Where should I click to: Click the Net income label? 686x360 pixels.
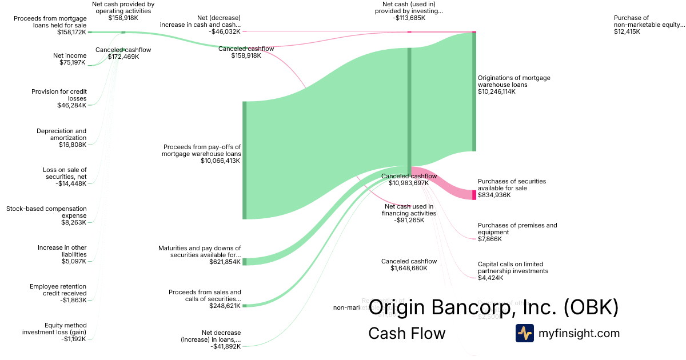click(x=70, y=55)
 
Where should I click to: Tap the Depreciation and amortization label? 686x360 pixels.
click(x=61, y=134)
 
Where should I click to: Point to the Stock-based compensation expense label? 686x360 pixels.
click(x=46, y=212)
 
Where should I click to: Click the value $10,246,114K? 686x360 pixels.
click(x=496, y=91)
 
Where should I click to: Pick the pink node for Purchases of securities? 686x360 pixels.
click(x=474, y=195)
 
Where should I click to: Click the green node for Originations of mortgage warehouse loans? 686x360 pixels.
click(x=474, y=91)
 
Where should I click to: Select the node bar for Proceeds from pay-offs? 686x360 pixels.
click(x=245, y=160)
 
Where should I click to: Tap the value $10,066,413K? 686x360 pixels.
click(x=221, y=161)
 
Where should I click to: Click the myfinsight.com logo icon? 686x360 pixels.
click(x=524, y=333)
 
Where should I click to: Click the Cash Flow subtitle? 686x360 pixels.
click(x=406, y=333)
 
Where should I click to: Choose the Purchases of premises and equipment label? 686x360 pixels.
click(x=517, y=229)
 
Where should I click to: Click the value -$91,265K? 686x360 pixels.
click(x=409, y=220)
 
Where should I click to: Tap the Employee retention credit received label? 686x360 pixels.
click(x=58, y=290)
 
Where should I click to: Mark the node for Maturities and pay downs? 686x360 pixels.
click(x=245, y=262)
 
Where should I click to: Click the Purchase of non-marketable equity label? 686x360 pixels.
click(x=649, y=21)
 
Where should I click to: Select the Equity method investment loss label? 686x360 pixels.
click(x=54, y=329)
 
